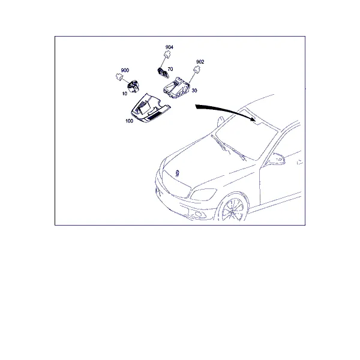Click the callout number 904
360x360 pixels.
[x=169, y=47]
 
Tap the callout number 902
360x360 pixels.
[x=200, y=62]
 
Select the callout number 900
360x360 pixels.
[x=125, y=70]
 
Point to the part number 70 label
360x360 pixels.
[x=170, y=69]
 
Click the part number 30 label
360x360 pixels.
[x=194, y=91]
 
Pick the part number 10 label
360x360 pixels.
[x=124, y=94]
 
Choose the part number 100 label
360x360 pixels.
[x=129, y=121]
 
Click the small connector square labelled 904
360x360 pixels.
[x=167, y=55]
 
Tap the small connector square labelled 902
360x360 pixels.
[x=197, y=69]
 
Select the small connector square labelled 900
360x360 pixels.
[x=119, y=77]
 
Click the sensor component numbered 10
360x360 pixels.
[x=133, y=86]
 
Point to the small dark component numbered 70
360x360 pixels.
[x=163, y=73]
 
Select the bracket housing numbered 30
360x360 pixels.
[x=177, y=88]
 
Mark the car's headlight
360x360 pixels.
[x=203, y=194]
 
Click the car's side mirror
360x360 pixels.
[x=276, y=159]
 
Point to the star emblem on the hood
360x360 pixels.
[x=177, y=173]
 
